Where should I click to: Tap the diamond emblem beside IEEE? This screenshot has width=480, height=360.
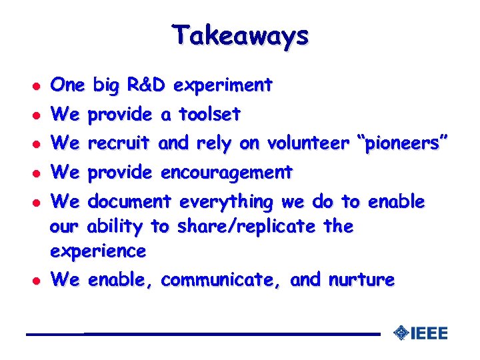pyautogui.click(x=401, y=333)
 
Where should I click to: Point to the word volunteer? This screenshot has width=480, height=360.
pyautogui.click(x=307, y=143)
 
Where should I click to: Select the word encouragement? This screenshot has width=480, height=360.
pyautogui.click(x=227, y=173)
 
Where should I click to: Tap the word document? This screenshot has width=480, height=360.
pyautogui.click(x=130, y=201)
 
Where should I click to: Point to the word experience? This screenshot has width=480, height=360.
pyautogui.click(x=98, y=252)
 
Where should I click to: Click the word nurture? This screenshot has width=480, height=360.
pyautogui.click(x=361, y=280)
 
